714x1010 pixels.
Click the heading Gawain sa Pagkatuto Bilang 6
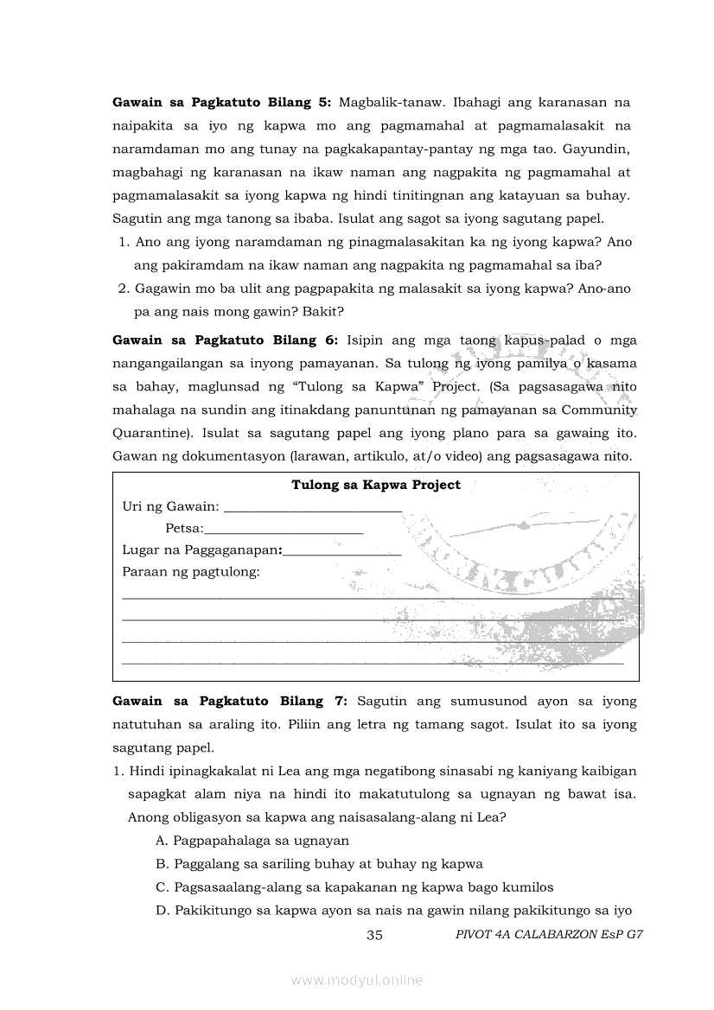click(225, 340)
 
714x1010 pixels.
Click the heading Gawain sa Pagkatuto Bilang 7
click(230, 701)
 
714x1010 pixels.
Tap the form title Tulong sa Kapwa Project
click(376, 485)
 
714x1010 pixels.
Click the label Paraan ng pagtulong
click(191, 572)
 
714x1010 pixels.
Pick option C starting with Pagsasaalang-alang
click(354, 886)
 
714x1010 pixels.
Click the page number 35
click(375, 935)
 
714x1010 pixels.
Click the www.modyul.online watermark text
click(357, 980)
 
